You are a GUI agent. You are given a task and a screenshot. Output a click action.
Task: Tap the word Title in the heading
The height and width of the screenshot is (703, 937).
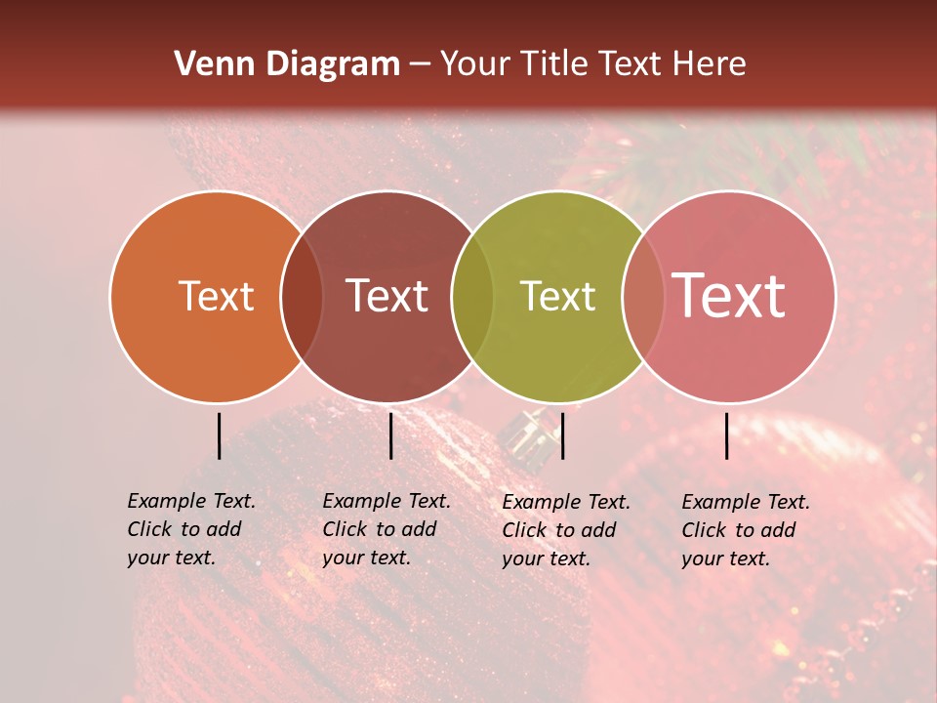click(x=552, y=64)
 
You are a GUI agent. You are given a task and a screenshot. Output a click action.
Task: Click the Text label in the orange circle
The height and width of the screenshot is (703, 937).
click(x=216, y=296)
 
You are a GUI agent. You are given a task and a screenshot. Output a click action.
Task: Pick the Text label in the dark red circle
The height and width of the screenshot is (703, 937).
click(x=387, y=296)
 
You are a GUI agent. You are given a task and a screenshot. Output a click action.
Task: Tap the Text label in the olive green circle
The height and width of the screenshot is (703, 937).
click(x=557, y=296)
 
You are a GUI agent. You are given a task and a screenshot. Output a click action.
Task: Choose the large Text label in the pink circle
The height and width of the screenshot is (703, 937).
click(x=728, y=296)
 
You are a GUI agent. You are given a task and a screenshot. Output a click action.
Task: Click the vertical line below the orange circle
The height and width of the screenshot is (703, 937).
click(x=219, y=435)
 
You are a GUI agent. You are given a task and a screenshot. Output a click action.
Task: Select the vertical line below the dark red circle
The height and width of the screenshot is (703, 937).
click(x=390, y=435)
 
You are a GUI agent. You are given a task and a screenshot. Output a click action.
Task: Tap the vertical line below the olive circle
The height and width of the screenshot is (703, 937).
click(x=562, y=435)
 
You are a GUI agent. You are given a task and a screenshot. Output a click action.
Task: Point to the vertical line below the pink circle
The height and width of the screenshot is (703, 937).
click(x=727, y=435)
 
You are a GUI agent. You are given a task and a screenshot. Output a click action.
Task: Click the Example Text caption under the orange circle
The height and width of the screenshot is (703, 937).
click(x=190, y=529)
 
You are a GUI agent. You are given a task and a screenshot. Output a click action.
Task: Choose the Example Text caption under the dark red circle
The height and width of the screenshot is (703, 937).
click(x=386, y=529)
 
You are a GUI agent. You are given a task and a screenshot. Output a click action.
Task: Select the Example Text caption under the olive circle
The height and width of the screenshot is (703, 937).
click(x=565, y=530)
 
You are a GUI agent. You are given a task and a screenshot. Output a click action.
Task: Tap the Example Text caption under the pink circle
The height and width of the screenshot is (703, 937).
click(x=745, y=530)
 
